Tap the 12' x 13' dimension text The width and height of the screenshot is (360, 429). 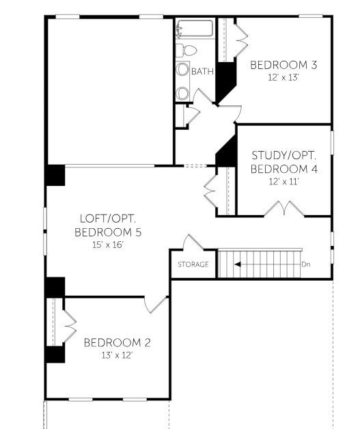pyautogui.click(x=283, y=77)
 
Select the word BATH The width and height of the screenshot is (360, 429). pyautogui.click(x=202, y=71)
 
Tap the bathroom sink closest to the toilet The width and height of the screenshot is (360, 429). pyautogui.click(x=183, y=70)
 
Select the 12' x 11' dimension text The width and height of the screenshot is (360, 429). pyautogui.click(x=284, y=181)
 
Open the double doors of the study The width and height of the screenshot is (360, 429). pyautogui.click(x=283, y=208)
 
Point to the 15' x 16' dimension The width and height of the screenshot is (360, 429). pyautogui.click(x=108, y=244)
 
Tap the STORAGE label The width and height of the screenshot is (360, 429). pyautogui.click(x=193, y=264)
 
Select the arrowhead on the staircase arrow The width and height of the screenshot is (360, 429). pyautogui.click(x=238, y=264)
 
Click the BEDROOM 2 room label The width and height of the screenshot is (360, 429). pyautogui.click(x=117, y=342)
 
